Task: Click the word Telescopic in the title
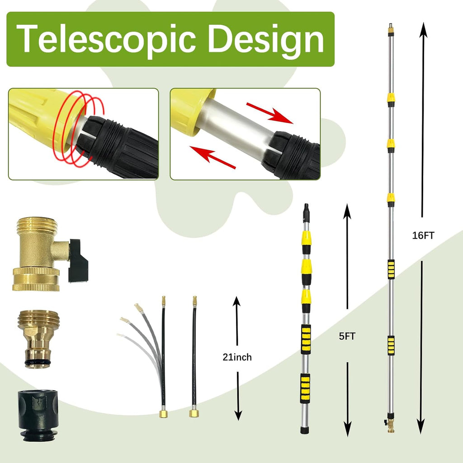[106, 39]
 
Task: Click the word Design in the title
[266, 39]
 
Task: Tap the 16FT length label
[423, 235]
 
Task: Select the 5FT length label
[347, 336]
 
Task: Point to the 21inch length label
[237, 357]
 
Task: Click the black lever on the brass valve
[78, 260]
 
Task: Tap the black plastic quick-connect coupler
[38, 415]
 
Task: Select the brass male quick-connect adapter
[38, 339]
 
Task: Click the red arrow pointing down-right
[269, 113]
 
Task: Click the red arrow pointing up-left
[213, 157]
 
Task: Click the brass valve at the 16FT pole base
[390, 424]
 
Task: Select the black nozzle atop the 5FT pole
[306, 213]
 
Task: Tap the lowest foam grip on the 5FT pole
[305, 388]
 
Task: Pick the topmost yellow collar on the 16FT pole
[391, 100]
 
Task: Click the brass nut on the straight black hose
[194, 413]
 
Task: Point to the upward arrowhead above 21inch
[236, 301]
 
